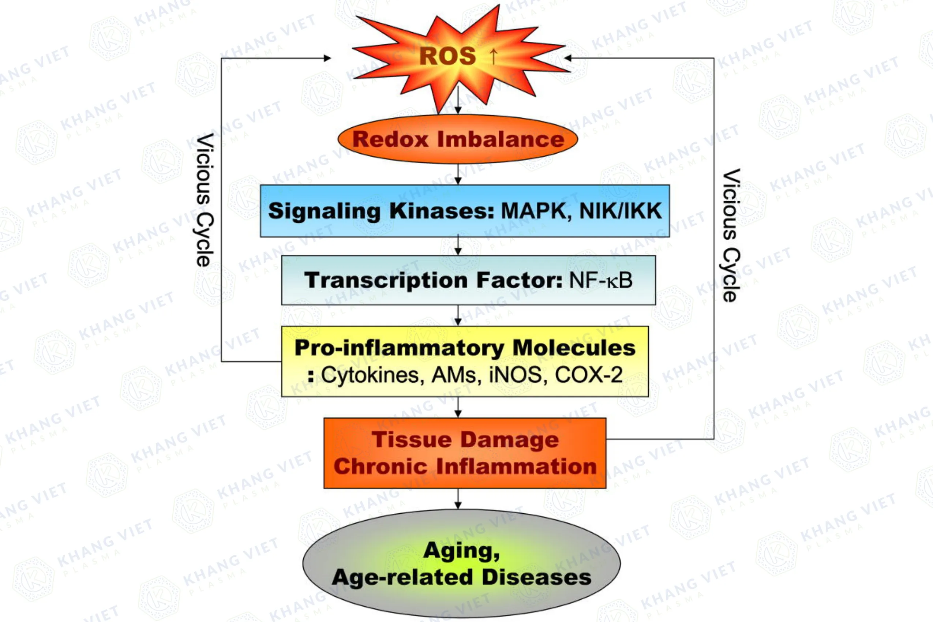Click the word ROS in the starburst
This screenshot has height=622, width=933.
click(x=447, y=56)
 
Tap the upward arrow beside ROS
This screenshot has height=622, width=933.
click(x=493, y=56)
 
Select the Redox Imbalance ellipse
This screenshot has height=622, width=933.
click(x=458, y=139)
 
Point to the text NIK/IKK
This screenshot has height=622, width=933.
click(x=621, y=211)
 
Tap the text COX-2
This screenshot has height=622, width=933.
click(x=589, y=375)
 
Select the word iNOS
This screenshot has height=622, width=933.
click(x=515, y=375)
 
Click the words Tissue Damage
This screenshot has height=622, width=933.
click(x=465, y=439)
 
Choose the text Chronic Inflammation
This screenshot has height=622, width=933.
click(x=465, y=466)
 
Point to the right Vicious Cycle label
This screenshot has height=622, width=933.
click(x=730, y=235)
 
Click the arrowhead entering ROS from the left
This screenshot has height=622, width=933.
click(x=327, y=58)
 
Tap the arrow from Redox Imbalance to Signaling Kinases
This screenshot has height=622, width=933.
click(x=458, y=175)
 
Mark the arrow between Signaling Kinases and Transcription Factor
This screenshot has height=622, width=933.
click(x=458, y=246)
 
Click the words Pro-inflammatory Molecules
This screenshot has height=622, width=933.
click(x=465, y=348)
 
